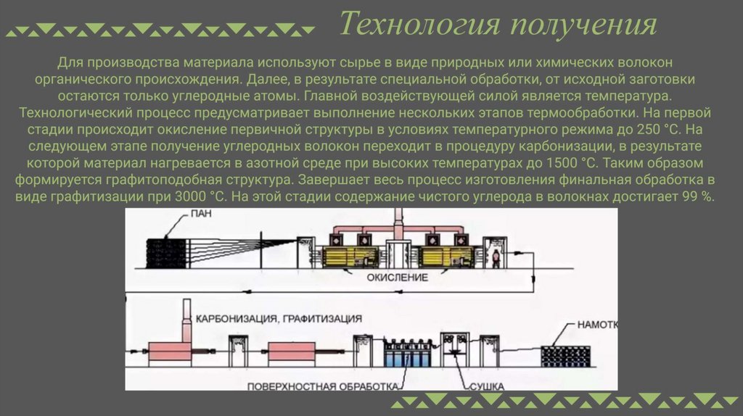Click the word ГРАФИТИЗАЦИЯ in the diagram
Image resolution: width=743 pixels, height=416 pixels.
pos(321,318)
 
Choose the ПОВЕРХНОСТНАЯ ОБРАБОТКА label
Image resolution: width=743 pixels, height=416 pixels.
pos(322,386)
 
